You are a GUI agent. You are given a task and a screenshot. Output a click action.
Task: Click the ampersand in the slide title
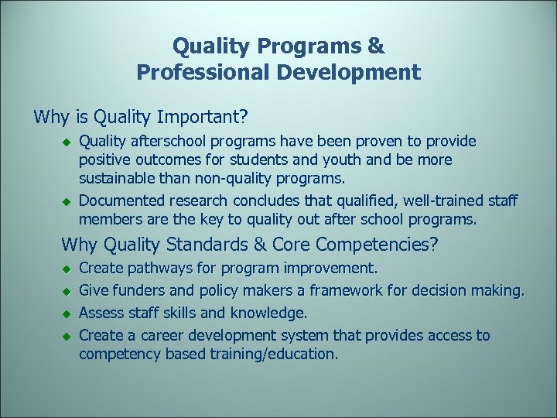click(376, 46)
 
